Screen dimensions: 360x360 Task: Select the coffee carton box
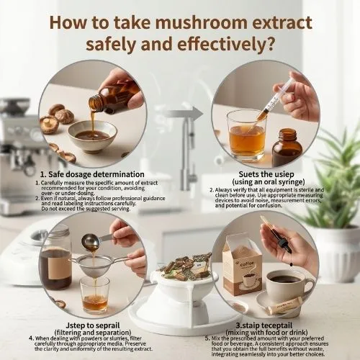241,266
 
